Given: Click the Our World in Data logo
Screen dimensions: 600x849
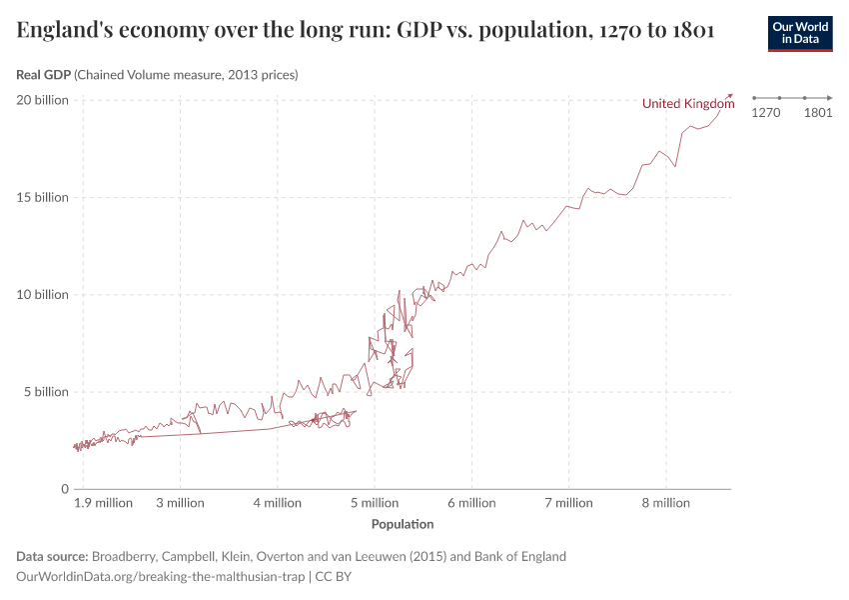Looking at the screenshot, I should [x=799, y=33].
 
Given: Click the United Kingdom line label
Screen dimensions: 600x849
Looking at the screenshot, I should [x=688, y=104].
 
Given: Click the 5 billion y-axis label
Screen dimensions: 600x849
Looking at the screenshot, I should [x=45, y=392].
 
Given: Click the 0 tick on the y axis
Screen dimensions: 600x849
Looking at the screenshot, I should [x=64, y=489].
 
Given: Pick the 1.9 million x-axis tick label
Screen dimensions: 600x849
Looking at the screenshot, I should [x=103, y=503].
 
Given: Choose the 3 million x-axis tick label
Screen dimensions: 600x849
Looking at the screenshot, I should [x=180, y=503].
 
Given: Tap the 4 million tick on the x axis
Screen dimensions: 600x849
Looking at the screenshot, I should [x=277, y=503].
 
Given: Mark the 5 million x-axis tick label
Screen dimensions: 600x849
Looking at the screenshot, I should [x=374, y=503].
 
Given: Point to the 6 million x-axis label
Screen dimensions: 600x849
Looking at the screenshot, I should [x=470, y=503].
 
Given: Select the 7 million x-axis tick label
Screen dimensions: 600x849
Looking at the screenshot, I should [x=567, y=503].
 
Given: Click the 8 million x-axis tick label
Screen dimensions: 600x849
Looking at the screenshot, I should [x=664, y=503].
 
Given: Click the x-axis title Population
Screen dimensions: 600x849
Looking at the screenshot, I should [x=403, y=524].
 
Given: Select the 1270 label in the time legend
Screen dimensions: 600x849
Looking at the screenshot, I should [x=765, y=113].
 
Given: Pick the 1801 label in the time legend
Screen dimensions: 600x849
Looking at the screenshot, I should [x=818, y=113].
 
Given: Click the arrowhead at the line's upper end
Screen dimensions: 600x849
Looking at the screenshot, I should [x=730, y=96].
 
